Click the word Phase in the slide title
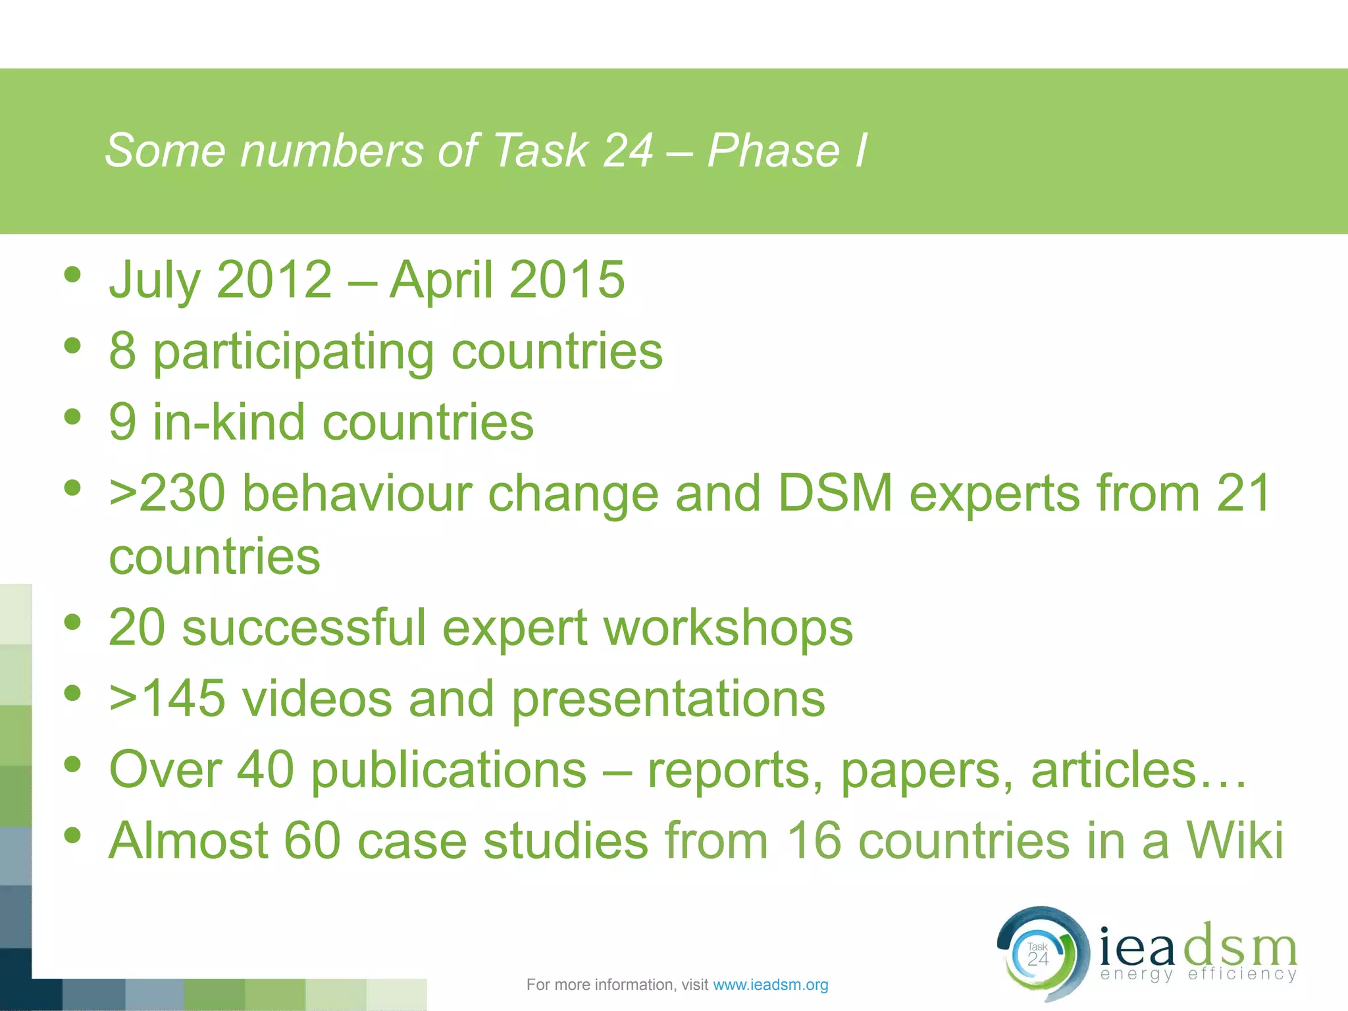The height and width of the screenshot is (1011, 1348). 773,151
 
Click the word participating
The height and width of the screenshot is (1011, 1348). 294,353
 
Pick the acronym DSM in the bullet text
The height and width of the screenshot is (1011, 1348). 835,493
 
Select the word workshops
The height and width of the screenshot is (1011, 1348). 728,628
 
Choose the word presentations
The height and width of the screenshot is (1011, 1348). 668,700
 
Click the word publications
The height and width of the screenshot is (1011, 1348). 448,770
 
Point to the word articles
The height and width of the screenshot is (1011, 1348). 1113,770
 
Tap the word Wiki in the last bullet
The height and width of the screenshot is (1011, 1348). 1234,841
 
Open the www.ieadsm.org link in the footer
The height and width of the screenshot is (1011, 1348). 771,985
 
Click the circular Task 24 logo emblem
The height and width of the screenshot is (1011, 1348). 1039,954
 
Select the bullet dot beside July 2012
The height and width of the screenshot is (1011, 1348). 73,274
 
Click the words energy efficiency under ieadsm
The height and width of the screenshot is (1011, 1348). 1198,973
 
